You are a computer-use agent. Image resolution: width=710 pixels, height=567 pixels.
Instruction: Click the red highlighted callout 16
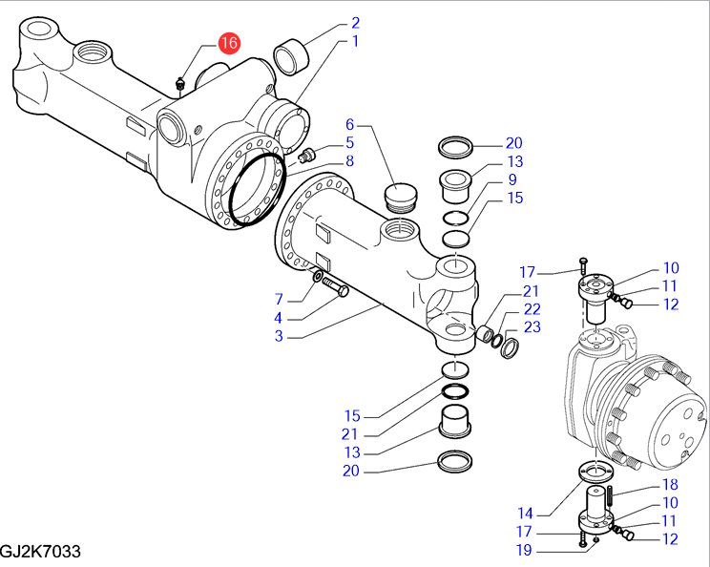[x=229, y=44]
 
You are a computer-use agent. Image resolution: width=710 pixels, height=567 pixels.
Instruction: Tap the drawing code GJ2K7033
[x=40, y=553]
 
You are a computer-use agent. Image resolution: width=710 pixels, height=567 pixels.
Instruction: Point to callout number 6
[x=349, y=124]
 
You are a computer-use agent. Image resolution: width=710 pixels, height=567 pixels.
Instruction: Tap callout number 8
[x=350, y=161]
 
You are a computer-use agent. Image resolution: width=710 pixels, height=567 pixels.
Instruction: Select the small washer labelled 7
[x=316, y=277]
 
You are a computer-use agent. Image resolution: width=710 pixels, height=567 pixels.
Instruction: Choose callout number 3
[x=280, y=336]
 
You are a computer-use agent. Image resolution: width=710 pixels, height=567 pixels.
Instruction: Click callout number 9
[x=512, y=179]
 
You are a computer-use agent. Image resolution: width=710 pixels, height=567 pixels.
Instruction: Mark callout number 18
[x=670, y=485]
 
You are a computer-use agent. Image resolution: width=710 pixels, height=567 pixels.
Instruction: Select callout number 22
[x=532, y=308]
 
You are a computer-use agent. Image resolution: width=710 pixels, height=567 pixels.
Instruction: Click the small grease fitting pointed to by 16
[x=179, y=86]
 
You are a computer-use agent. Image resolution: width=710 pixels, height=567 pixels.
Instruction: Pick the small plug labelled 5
[x=308, y=156]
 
